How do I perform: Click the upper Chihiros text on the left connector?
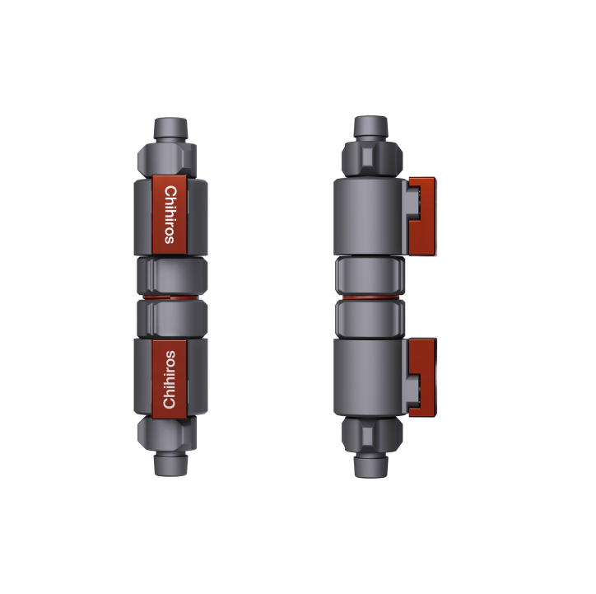[170, 213]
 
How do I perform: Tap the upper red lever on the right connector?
[423, 213]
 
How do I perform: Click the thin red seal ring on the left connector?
[170, 295]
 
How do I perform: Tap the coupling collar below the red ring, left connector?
[170, 317]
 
